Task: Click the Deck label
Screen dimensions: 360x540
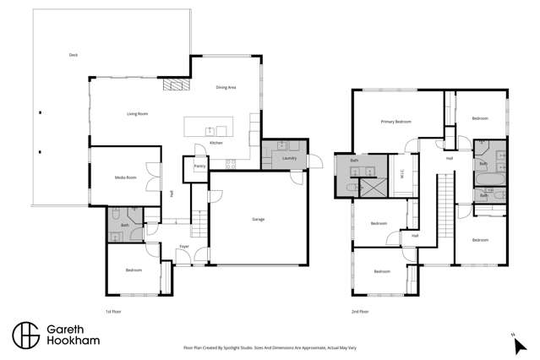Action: pos(73,55)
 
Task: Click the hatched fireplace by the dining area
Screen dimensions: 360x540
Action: pos(174,85)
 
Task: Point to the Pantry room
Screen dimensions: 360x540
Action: pos(199,166)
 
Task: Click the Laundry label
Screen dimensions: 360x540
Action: pos(289,158)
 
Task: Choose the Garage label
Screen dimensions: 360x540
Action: pos(258,219)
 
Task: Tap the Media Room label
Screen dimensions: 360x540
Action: pos(126,177)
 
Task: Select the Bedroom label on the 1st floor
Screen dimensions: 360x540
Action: pos(134,270)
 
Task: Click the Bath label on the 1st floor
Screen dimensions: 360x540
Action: pos(124,226)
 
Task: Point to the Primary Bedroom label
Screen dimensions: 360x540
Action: pos(395,122)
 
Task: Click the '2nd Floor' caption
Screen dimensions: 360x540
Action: pos(360,312)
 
